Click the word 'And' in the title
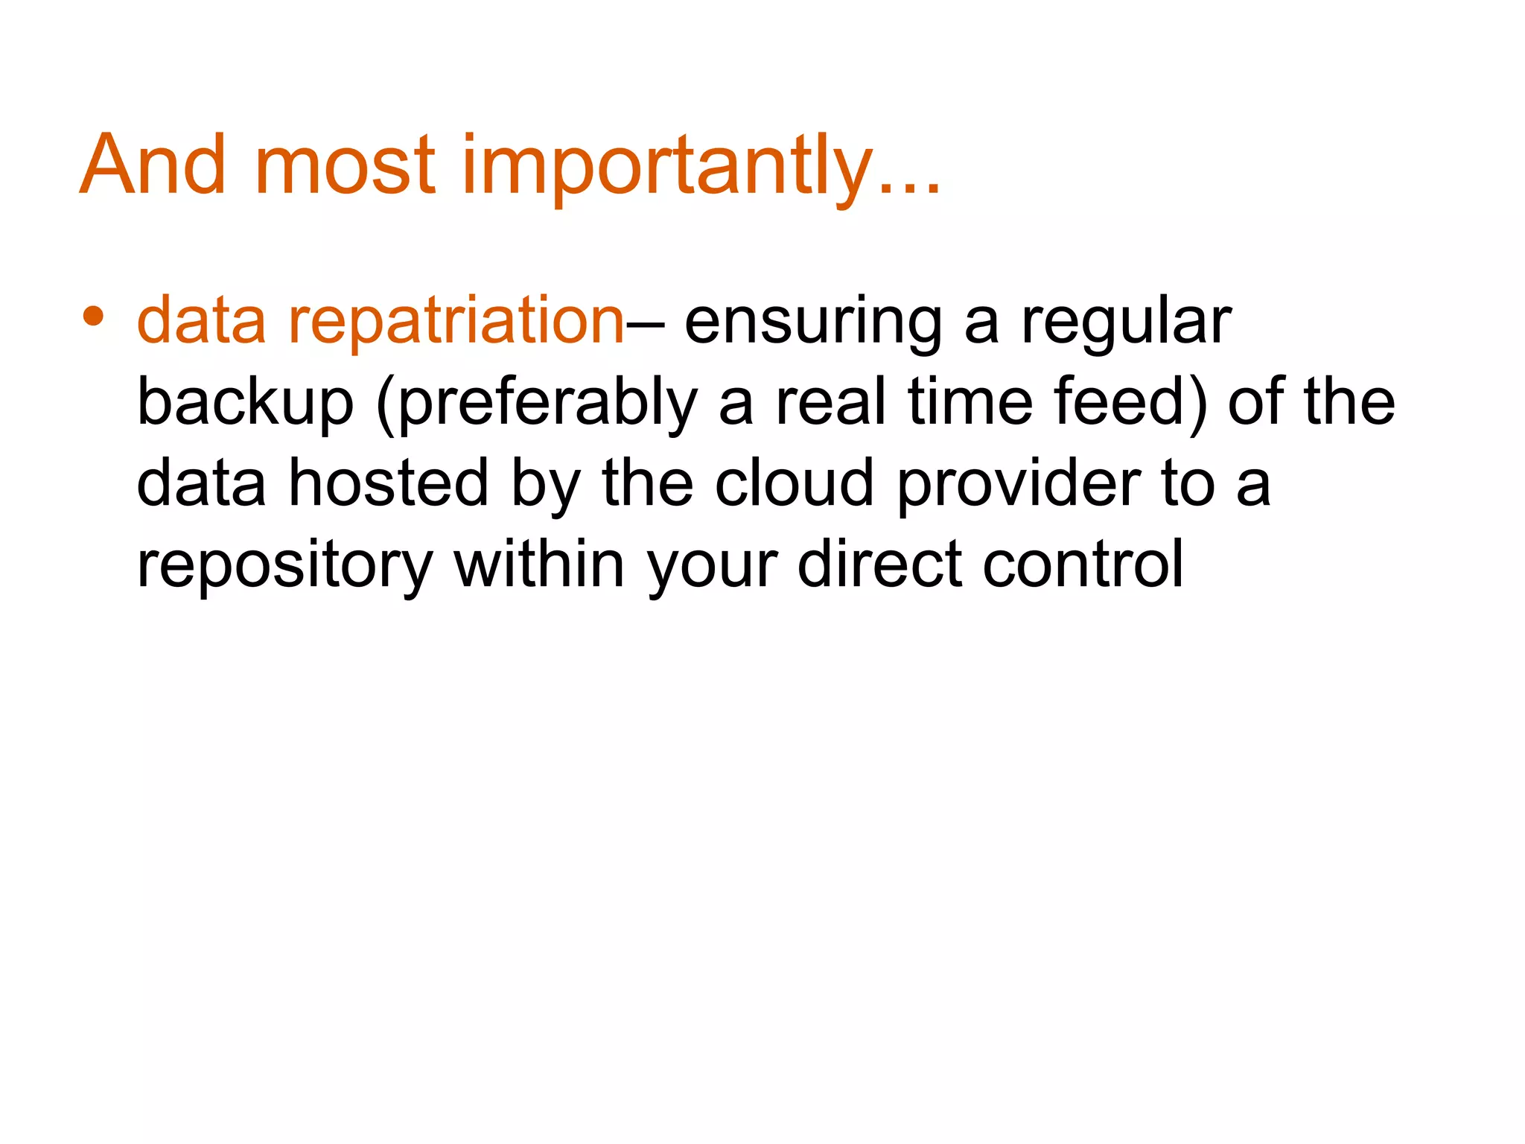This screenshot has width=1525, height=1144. tap(153, 165)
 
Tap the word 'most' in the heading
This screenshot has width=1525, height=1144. tap(344, 165)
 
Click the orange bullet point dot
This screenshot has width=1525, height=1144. tap(93, 316)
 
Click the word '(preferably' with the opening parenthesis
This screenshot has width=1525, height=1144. tap(536, 404)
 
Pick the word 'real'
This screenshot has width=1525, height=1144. tap(830, 402)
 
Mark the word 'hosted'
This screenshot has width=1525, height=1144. tap(388, 483)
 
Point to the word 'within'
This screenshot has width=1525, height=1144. tap(539, 564)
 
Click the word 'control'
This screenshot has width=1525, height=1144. tap(1083, 564)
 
